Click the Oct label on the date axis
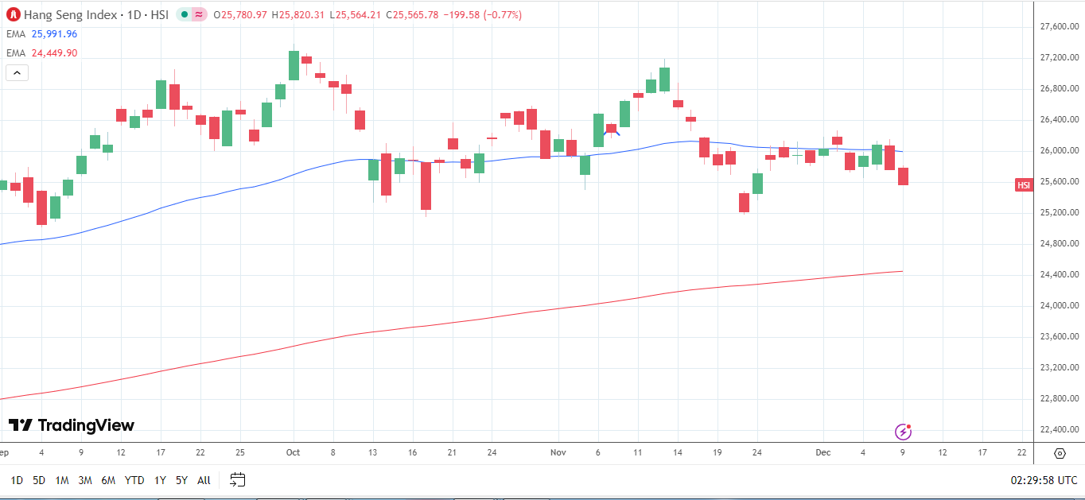(293, 452)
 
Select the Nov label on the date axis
(558, 452)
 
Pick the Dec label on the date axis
(822, 452)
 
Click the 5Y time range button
(181, 480)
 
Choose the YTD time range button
(134, 480)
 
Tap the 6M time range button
(108, 480)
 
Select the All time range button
(204, 480)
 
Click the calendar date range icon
(237, 479)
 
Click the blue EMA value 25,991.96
(54, 34)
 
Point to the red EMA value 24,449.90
(54, 53)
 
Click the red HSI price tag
(1024, 185)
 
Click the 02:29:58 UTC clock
(1044, 480)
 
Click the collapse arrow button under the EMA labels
(17, 73)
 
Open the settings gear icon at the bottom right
(1060, 453)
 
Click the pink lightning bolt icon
(903, 432)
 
